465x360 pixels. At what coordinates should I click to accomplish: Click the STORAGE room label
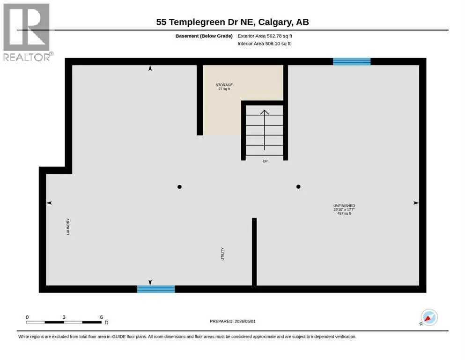(x=224, y=85)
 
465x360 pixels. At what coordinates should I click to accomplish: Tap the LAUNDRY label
(x=68, y=227)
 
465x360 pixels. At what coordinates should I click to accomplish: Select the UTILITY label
(x=222, y=254)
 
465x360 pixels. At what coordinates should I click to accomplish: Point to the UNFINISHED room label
(x=344, y=206)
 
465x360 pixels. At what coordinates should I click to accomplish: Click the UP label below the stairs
(x=265, y=161)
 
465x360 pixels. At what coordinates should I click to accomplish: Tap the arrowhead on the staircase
(x=265, y=112)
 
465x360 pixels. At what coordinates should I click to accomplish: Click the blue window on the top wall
(x=352, y=61)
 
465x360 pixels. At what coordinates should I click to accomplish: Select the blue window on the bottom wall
(x=156, y=289)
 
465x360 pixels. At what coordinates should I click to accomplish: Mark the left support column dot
(x=179, y=187)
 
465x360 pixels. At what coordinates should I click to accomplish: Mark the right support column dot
(x=298, y=187)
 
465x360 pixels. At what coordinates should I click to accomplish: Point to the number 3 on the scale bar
(x=64, y=317)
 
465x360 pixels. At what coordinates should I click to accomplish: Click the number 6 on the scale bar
(x=102, y=317)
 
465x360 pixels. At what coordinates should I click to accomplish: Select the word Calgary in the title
(x=274, y=22)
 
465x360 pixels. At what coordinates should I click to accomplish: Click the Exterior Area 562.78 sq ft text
(x=265, y=36)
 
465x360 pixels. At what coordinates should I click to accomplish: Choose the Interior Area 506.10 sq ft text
(x=264, y=44)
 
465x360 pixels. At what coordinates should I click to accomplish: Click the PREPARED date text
(x=232, y=321)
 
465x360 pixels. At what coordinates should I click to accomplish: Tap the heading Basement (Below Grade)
(x=204, y=36)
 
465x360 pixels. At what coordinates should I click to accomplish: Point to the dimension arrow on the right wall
(x=416, y=203)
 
